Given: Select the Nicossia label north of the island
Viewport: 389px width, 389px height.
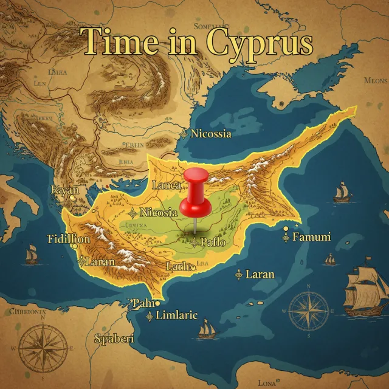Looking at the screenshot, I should tap(210, 134).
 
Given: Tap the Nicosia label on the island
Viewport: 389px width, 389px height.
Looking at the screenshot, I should tap(158, 212).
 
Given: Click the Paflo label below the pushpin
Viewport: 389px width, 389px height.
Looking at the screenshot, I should tap(213, 243).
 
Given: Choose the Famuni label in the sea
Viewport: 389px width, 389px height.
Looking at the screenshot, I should tap(311, 237).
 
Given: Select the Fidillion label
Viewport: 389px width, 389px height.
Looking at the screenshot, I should tap(69, 239).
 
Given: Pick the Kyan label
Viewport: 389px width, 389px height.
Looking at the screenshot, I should tap(65, 190).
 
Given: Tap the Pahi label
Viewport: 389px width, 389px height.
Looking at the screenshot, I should tap(143, 303).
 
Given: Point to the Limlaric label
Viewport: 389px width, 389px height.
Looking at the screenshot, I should tap(177, 315).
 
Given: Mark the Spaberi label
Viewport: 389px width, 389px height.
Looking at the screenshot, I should tap(114, 339).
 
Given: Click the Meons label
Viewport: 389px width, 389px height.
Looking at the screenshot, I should tap(374, 80).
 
